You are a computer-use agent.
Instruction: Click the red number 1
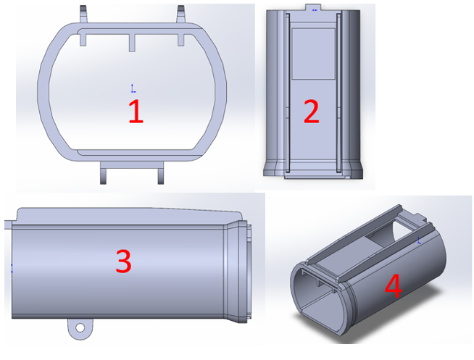coord(136,112)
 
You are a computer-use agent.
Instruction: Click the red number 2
coord(311,112)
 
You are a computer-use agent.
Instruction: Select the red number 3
coord(123,261)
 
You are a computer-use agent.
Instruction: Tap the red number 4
coord(393,287)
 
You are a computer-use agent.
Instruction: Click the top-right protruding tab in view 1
coord(180,13)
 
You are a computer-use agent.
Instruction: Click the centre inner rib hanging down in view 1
coord(133,41)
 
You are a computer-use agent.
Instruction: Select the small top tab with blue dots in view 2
coord(314,12)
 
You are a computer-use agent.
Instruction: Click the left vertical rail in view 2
coord(280,94)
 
